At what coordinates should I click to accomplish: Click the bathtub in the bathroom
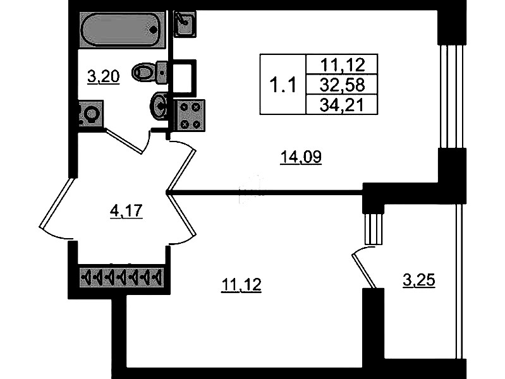click(x=122, y=28)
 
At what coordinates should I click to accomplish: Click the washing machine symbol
click(x=89, y=115)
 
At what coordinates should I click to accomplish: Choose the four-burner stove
click(x=189, y=115)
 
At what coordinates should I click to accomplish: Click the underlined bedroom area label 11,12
click(x=241, y=286)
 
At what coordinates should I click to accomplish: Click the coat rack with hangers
click(x=121, y=276)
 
